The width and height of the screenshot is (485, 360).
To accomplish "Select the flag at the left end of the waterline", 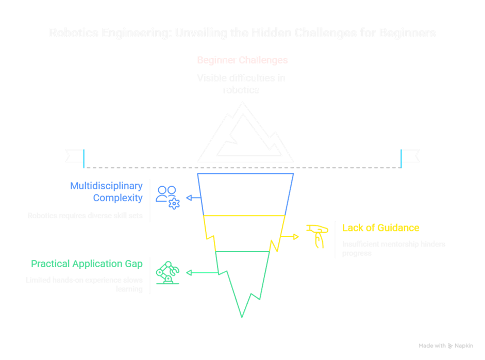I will [75, 156].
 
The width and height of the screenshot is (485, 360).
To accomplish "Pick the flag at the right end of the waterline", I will [410, 156].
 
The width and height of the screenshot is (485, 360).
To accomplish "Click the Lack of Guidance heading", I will [381, 228].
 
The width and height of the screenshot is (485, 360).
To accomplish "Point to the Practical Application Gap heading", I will [87, 264].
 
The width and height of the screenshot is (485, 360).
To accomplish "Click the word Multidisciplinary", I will [106, 187].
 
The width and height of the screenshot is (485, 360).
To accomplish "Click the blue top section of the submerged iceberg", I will [245, 194].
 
